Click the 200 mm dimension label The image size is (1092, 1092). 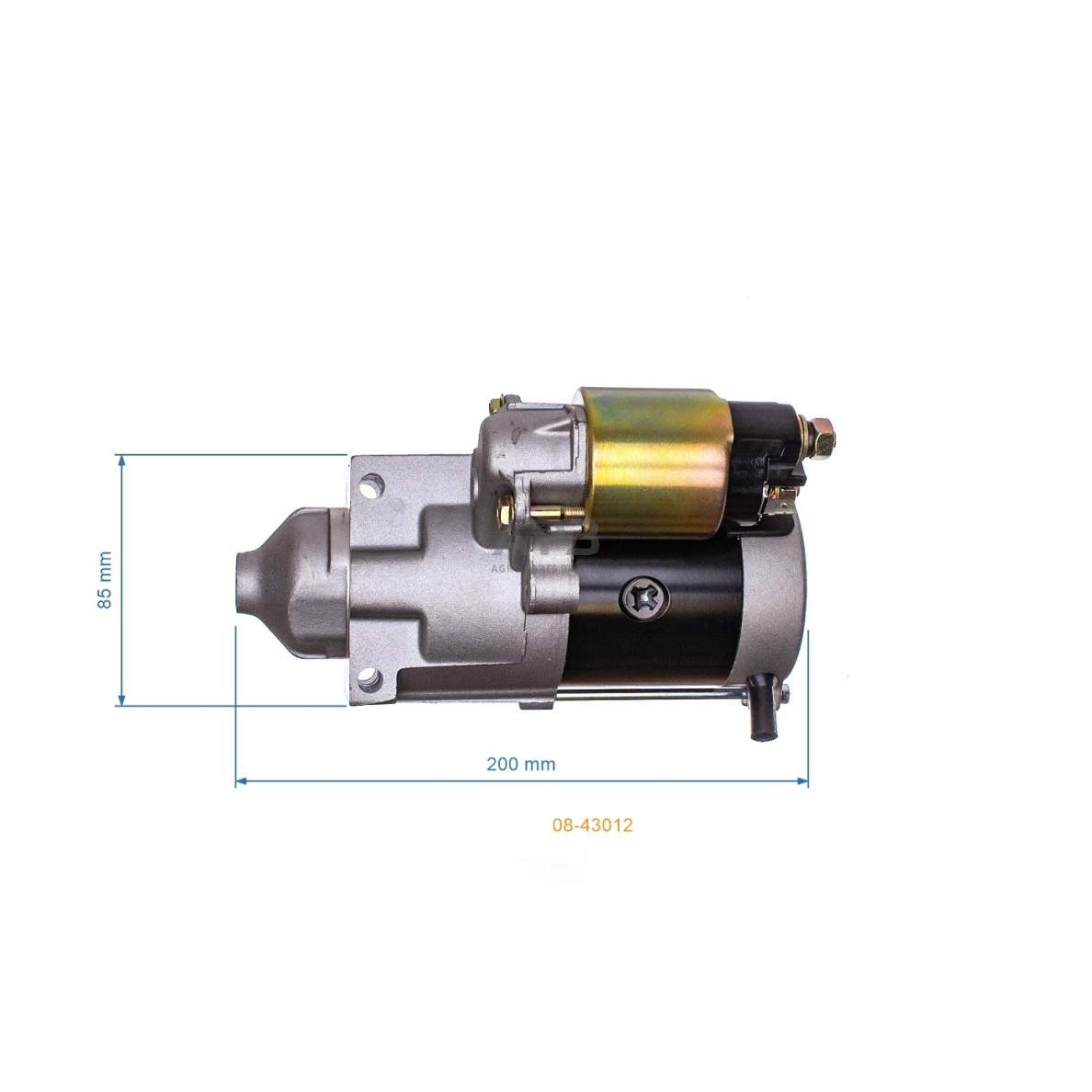pos(520,764)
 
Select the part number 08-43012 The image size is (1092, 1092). pos(592,825)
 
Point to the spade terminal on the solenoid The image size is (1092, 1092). pos(783,502)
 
